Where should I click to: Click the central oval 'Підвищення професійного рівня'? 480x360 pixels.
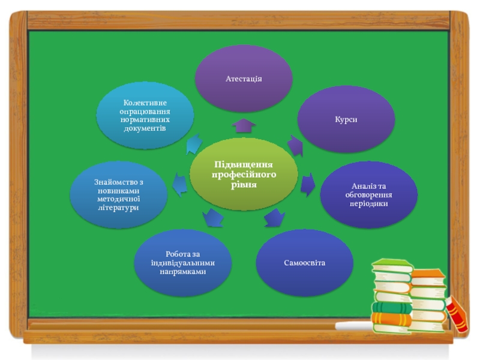pyautogui.click(x=244, y=174)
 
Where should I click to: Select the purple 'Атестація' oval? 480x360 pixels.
pyautogui.click(x=244, y=79)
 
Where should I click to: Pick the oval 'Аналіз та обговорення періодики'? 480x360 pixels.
pyautogui.click(x=368, y=194)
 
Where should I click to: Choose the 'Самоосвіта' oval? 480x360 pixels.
pyautogui.click(x=305, y=263)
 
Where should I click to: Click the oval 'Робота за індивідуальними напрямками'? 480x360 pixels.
pyautogui.click(x=183, y=263)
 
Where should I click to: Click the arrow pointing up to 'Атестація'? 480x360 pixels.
pyautogui.click(x=244, y=126)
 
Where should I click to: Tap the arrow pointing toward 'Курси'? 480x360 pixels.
pyautogui.click(x=295, y=145)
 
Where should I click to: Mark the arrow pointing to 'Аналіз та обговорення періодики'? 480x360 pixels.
pyautogui.click(x=308, y=184)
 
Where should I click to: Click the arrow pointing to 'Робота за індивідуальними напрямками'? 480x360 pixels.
pyautogui.click(x=212, y=217)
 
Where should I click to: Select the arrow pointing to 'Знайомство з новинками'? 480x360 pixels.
pyautogui.click(x=179, y=184)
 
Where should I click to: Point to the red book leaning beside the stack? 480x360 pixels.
pyautogui.click(x=458, y=313)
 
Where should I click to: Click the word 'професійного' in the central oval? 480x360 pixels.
pyautogui.click(x=244, y=174)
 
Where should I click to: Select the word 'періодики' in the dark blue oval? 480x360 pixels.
pyautogui.click(x=368, y=203)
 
